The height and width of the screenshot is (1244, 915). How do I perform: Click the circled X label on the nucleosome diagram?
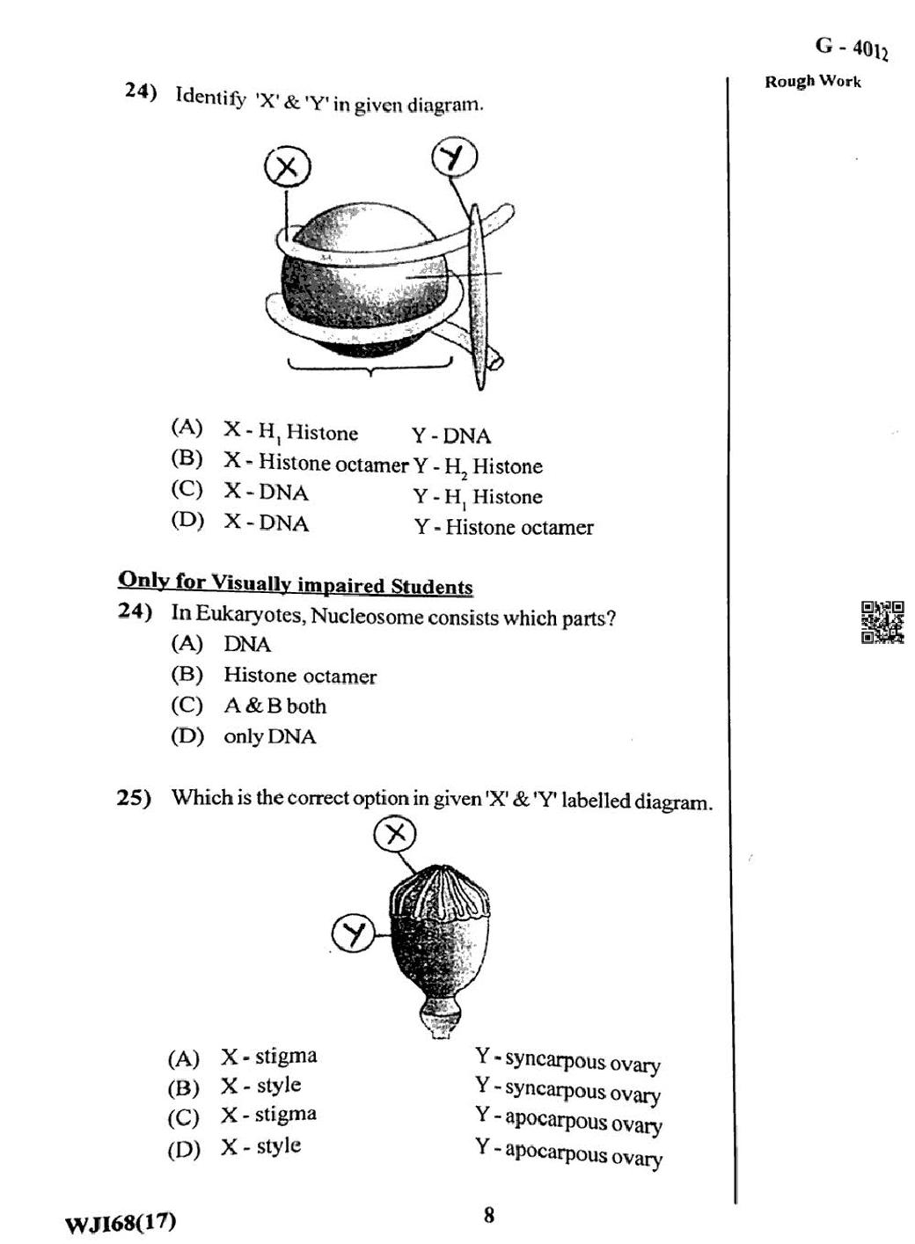pyautogui.click(x=287, y=167)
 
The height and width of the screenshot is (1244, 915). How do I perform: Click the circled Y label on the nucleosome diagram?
pyautogui.click(x=454, y=158)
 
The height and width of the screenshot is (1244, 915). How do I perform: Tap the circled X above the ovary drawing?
pyautogui.click(x=395, y=833)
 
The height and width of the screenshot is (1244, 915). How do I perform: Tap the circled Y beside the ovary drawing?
pyautogui.click(x=353, y=933)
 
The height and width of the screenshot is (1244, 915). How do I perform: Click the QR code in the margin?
pyautogui.click(x=882, y=622)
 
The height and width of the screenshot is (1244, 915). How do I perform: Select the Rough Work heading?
pyautogui.click(x=812, y=82)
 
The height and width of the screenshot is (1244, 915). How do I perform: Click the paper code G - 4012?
pyautogui.click(x=851, y=48)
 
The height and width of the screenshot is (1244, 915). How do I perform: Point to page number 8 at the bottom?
pyautogui.click(x=488, y=1215)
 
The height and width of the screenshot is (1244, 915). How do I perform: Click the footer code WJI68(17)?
pyautogui.click(x=121, y=1222)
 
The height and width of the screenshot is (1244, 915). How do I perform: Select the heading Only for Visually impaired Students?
pyautogui.click(x=296, y=583)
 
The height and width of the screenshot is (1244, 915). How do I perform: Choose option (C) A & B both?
pyautogui.click(x=274, y=706)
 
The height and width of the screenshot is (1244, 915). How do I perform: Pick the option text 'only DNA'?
pyautogui.click(x=269, y=736)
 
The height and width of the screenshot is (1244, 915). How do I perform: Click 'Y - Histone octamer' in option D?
pyautogui.click(x=503, y=527)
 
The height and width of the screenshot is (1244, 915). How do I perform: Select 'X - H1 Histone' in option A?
pyautogui.click(x=290, y=432)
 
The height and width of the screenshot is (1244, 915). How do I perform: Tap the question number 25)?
pyautogui.click(x=134, y=798)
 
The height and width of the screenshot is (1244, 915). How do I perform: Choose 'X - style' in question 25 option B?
pyautogui.click(x=260, y=1086)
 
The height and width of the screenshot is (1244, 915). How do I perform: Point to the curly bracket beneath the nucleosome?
pyautogui.click(x=370, y=366)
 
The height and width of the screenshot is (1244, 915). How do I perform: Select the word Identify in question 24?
pyautogui.click(x=210, y=97)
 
